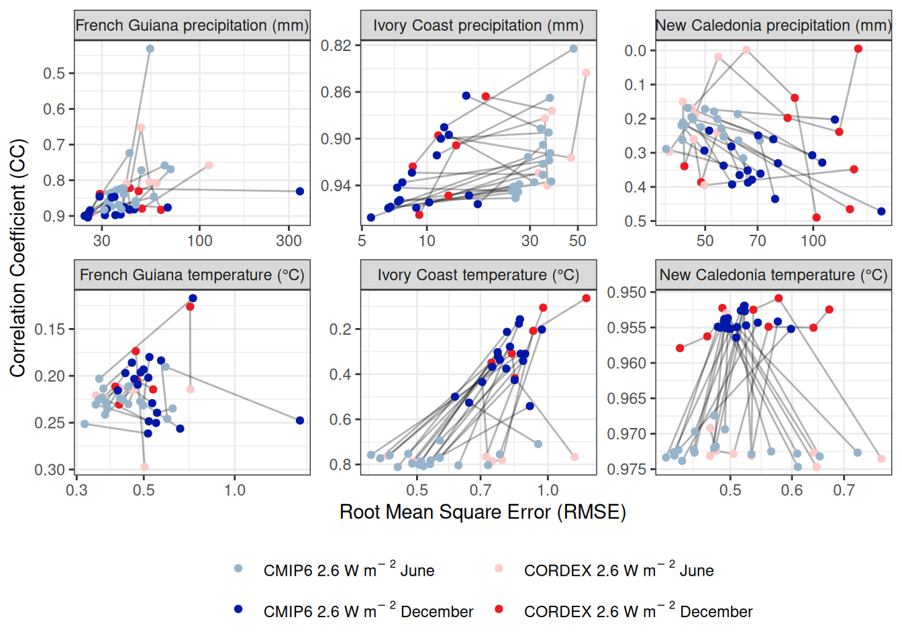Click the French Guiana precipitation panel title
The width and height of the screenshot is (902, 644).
tap(192, 25)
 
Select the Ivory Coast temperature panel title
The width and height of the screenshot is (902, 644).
tap(478, 275)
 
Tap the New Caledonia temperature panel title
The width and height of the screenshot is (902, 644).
tap(773, 275)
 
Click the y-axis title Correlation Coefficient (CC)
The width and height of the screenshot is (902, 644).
tap(17, 258)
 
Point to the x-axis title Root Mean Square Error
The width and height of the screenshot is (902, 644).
tap(483, 513)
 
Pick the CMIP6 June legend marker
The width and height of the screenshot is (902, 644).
tap(238, 569)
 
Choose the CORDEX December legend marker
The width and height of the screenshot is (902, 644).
tap(499, 609)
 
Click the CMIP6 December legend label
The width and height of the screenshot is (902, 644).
tap(368, 612)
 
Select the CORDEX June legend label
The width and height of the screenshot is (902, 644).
tap(618, 571)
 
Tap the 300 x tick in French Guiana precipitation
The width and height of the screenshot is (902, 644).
tap(289, 241)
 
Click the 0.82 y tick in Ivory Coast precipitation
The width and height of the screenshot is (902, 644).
tap(336, 46)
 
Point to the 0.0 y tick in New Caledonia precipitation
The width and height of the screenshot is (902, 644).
tap(635, 51)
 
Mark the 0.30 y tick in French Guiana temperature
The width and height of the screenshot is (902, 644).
tap(50, 470)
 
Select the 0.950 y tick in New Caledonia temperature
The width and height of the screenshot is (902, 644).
tap(627, 292)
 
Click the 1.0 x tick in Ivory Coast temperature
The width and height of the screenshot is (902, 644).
tap(548, 490)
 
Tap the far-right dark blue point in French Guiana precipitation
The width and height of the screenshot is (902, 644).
tap(300, 191)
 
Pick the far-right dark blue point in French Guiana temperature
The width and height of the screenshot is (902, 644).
tap(300, 421)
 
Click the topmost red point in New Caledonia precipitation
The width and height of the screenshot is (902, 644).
tap(858, 49)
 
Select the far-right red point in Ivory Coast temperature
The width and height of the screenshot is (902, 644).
tap(587, 299)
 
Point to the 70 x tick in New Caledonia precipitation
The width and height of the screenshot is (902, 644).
tap(758, 241)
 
